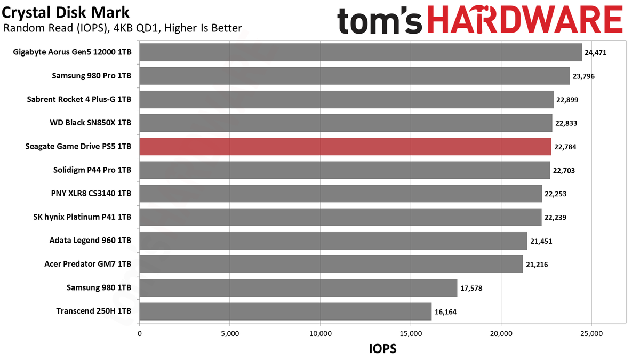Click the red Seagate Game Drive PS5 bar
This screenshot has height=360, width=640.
[x=345, y=147]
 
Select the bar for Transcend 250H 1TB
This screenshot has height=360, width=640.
[x=285, y=311]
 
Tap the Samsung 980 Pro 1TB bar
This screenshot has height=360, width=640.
[x=354, y=76]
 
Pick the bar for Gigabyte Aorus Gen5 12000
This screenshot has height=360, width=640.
[x=361, y=52]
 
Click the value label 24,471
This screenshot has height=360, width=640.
[x=595, y=53]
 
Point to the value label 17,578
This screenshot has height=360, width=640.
[x=471, y=288]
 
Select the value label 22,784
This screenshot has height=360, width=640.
[x=565, y=147]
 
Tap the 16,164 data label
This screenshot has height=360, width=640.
[x=445, y=311]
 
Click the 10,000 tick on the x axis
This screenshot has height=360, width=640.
[x=321, y=334]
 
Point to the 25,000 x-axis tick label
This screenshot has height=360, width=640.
[x=591, y=334]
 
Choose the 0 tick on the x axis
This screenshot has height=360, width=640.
[x=139, y=334]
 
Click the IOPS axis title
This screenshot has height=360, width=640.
[x=382, y=349]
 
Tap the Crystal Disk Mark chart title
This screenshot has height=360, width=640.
[x=66, y=13]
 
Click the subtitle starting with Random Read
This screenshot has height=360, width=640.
[x=123, y=28]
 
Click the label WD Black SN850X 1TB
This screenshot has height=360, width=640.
[x=90, y=123]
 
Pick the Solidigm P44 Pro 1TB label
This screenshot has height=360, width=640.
[x=92, y=170]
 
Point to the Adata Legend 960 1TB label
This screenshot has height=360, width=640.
[x=90, y=241]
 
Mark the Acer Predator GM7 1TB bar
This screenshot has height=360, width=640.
[x=331, y=265]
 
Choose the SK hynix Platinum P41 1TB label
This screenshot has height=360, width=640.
[x=82, y=217]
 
